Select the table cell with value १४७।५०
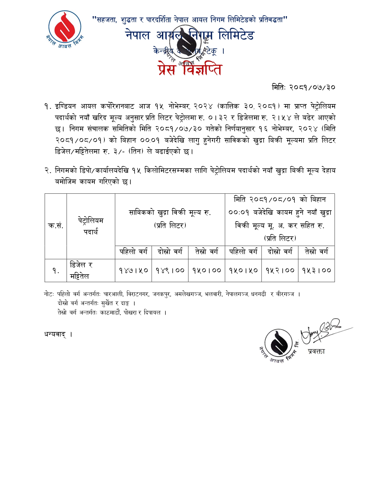pyautogui.click(x=133, y=270)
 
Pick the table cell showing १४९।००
pyautogui.click(x=170, y=270)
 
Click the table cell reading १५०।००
pyautogui.click(x=207, y=270)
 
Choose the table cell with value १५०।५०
pyautogui.click(x=243, y=270)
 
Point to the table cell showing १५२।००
pyautogui.click(x=280, y=270)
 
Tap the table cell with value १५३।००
pyautogui.click(x=317, y=270)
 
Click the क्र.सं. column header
pyautogui.click(x=56, y=226)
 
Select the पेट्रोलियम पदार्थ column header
pyautogui.click(x=91, y=226)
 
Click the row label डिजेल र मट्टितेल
pyautogui.click(x=81, y=270)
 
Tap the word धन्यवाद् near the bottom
pyautogui.click(x=55, y=334)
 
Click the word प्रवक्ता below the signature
pyautogui.click(x=317, y=351)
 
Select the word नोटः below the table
pyautogui.click(x=49, y=294)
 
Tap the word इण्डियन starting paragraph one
pyautogui.click(x=65, y=106)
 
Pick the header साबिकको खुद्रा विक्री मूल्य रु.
pyautogui.click(x=170, y=212)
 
